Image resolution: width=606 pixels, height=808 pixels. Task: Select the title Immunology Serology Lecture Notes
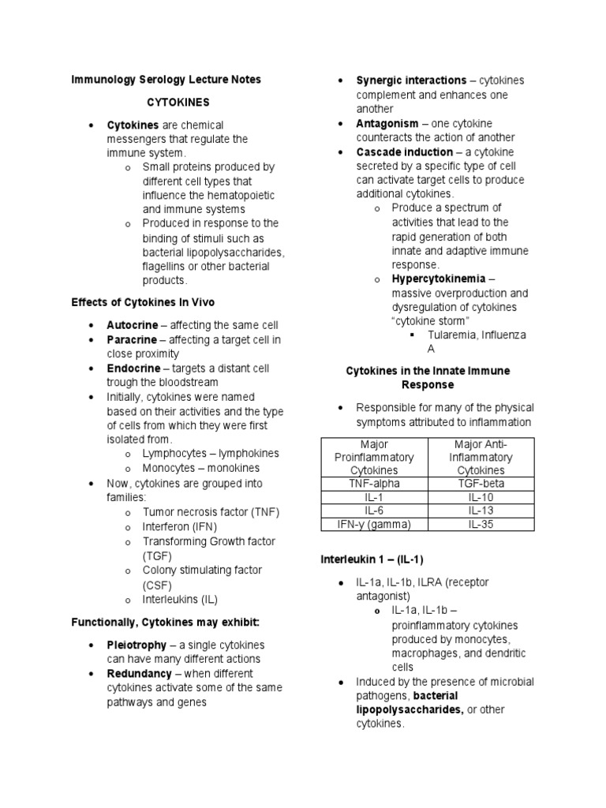click(166, 80)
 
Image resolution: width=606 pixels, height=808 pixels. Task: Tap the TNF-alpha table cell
click(374, 483)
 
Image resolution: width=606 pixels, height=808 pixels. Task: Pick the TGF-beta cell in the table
click(481, 483)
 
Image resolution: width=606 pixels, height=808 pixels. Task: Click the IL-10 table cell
click(481, 496)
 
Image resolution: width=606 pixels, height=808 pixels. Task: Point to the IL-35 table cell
click(481, 524)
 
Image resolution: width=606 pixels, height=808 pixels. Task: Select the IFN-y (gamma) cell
click(374, 524)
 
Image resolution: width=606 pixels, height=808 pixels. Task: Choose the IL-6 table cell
click(374, 511)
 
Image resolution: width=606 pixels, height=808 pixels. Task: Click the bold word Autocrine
click(133, 325)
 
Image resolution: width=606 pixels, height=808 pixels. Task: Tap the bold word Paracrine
click(133, 339)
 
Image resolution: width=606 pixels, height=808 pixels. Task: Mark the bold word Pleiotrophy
click(137, 645)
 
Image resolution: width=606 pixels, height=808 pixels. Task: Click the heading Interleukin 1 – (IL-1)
click(372, 559)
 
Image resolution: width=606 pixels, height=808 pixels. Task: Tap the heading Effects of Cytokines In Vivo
click(143, 302)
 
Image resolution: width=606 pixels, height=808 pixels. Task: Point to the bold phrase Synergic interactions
click(411, 80)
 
